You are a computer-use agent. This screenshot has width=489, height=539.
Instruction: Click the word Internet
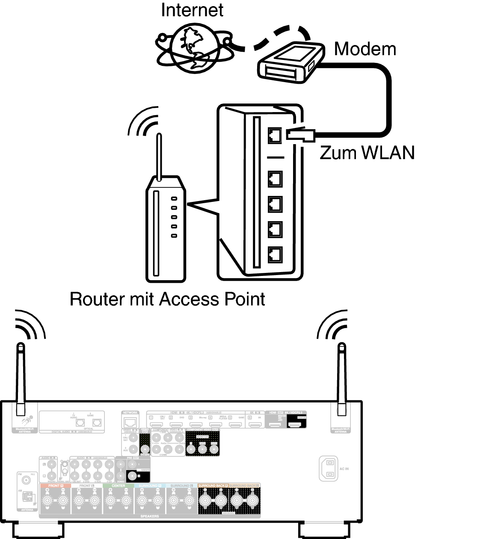[192, 10]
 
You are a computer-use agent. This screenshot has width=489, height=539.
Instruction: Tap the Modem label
[365, 49]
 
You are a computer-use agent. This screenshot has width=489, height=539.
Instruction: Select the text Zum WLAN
[367, 153]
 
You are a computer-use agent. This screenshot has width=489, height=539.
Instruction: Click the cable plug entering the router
[301, 135]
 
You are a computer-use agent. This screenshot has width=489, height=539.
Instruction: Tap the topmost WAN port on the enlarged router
[275, 136]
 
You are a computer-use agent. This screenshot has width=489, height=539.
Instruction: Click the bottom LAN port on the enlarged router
[275, 255]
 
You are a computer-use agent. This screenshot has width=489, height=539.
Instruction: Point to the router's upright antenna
[159, 156]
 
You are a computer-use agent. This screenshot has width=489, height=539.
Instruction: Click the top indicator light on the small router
[174, 199]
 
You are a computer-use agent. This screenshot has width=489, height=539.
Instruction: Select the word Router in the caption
[96, 299]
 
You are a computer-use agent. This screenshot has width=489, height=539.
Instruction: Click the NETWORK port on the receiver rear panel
[130, 422]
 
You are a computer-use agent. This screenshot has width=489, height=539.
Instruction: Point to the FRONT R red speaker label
[55, 486]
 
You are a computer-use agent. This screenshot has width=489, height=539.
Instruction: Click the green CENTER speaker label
[119, 486]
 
